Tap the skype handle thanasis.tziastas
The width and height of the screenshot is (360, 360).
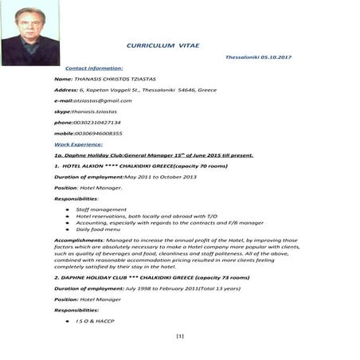point(98,112)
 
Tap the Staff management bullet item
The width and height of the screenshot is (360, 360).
point(101,209)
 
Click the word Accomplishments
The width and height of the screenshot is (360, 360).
point(78,240)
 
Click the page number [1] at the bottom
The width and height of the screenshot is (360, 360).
point(179,337)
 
